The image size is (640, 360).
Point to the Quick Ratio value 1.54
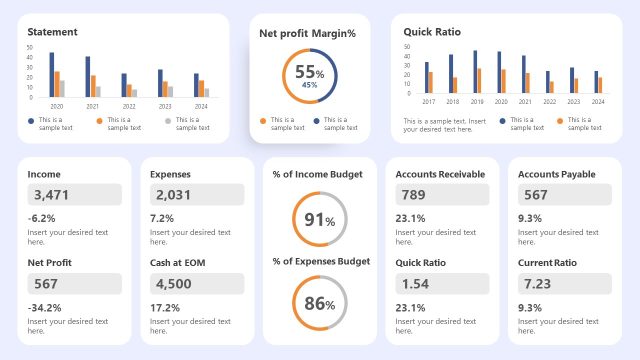click(414, 283)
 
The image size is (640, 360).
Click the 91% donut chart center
click(319, 220)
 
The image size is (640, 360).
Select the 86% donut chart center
click(319, 303)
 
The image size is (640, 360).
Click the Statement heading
click(52, 32)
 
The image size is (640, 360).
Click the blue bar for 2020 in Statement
click(52, 74)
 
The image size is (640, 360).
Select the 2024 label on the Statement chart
click(202, 106)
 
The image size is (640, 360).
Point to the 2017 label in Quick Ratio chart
click(429, 101)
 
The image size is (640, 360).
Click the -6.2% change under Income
click(41, 218)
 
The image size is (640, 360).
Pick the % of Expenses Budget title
click(321, 261)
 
